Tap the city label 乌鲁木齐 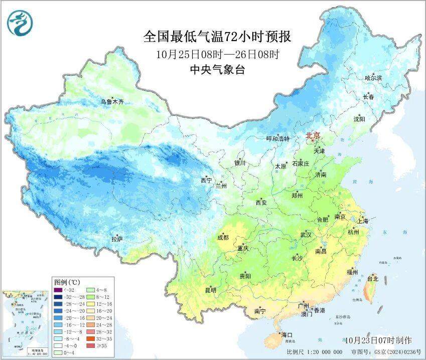point(111,102)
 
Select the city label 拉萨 point(117,240)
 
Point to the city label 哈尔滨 point(373,78)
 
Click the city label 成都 point(223,238)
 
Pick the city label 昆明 point(210,290)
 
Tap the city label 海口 point(287,334)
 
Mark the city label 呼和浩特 point(277,139)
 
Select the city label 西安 point(261,203)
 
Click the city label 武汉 point(306,235)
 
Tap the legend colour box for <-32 point(58,289)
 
